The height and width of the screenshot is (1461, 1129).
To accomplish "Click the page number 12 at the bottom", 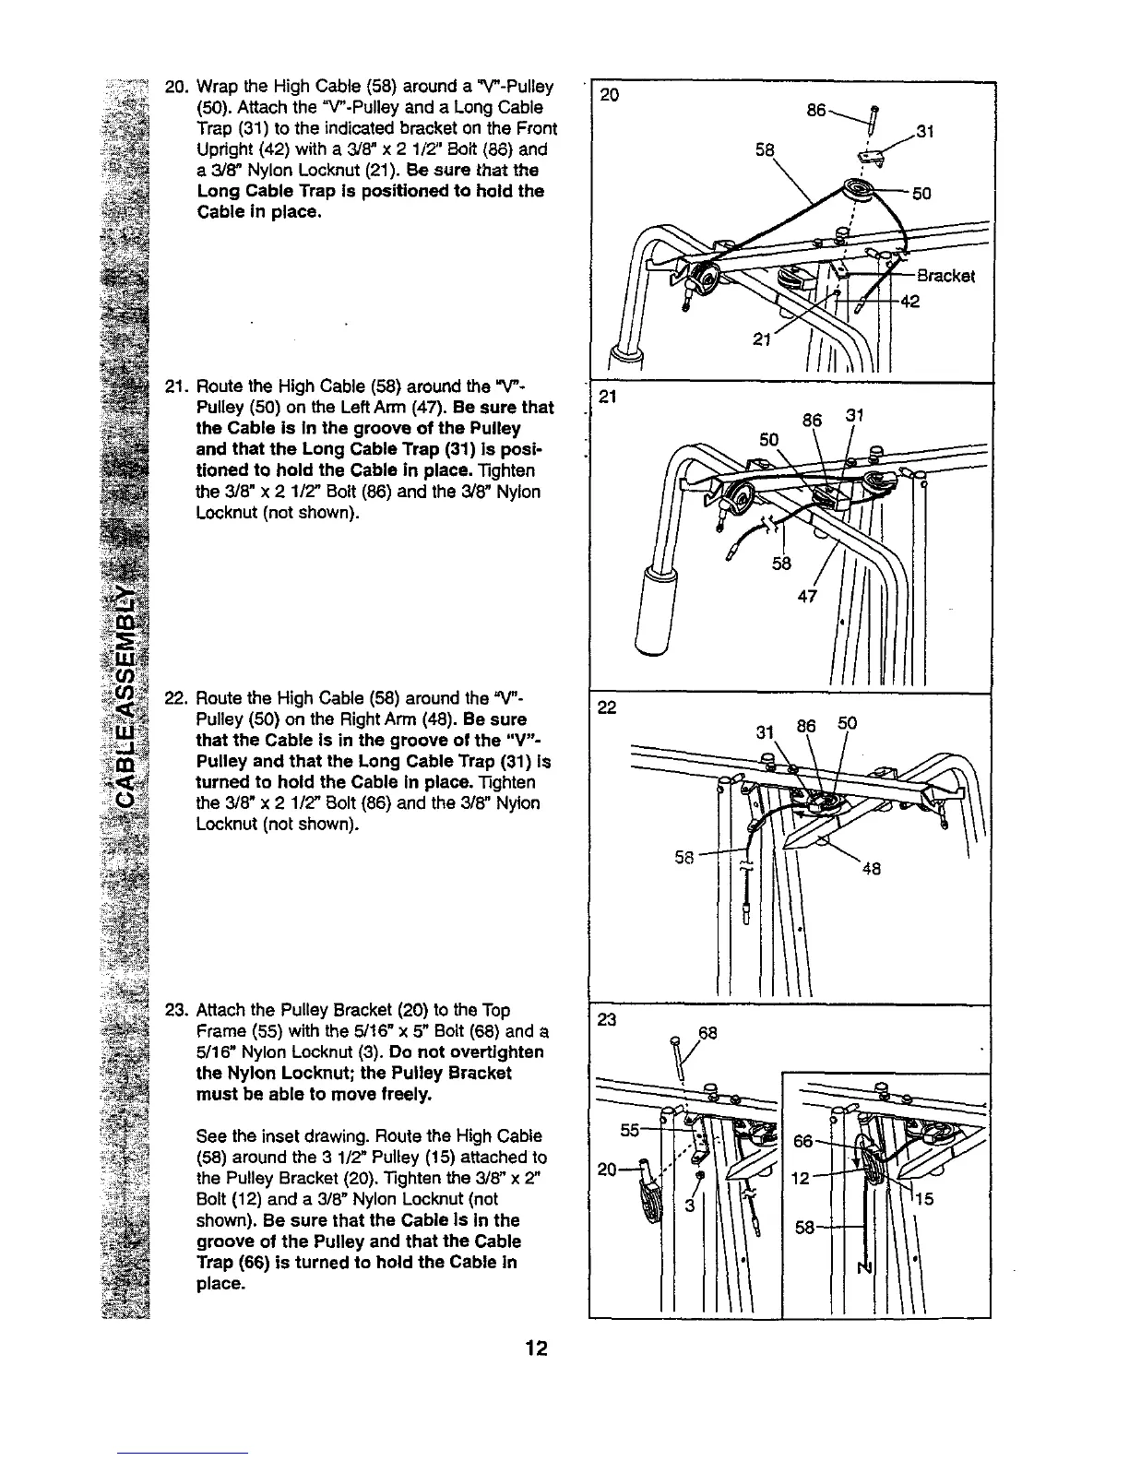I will pyautogui.click(x=536, y=1348).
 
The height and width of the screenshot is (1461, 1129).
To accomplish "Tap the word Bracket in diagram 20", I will pyautogui.click(x=945, y=276).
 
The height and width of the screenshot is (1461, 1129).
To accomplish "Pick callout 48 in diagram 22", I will pyautogui.click(x=871, y=868).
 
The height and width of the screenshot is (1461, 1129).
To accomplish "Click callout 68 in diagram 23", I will pyautogui.click(x=707, y=1031).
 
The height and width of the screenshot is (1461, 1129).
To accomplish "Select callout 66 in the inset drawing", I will pyautogui.click(x=804, y=1141).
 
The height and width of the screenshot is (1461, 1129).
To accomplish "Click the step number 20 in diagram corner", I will pyautogui.click(x=611, y=94).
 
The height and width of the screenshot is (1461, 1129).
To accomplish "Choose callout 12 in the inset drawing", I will pyautogui.click(x=802, y=1180).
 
